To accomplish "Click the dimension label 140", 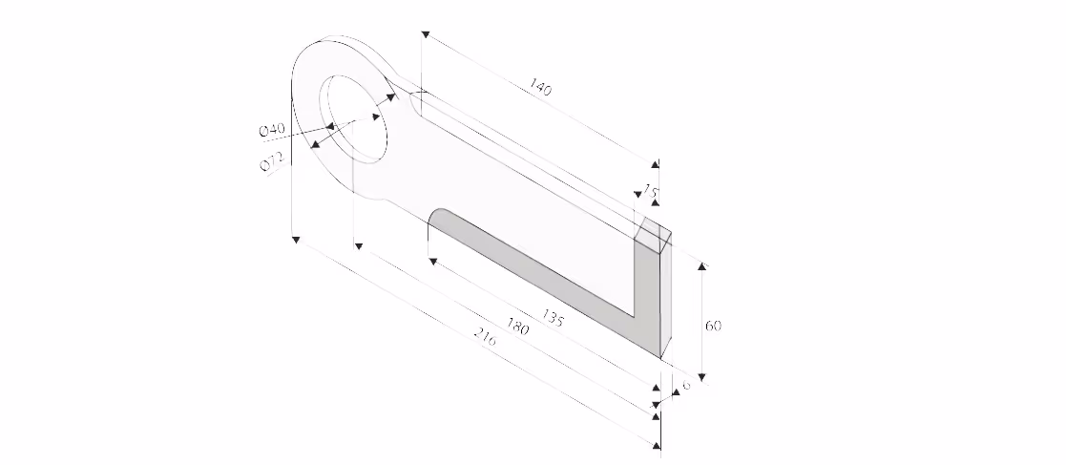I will pos(539,89).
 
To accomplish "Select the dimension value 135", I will pos(552,318).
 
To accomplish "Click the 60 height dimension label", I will pos(713,326).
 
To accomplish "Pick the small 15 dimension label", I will pos(651,191).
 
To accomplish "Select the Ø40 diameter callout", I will pos(272,129).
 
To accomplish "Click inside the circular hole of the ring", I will pos(357,114).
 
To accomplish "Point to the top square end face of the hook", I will pos(656,231).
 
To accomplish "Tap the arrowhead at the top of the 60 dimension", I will pos(703,264).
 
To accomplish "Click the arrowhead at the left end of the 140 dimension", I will pos(425,35).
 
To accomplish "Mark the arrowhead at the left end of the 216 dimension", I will pos(297,239).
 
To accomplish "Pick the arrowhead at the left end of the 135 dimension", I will pos(432,260).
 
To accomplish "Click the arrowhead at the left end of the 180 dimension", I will pos(359,245).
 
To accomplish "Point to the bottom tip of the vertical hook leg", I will pos(661,358).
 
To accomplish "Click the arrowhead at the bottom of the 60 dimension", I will pos(703,377).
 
